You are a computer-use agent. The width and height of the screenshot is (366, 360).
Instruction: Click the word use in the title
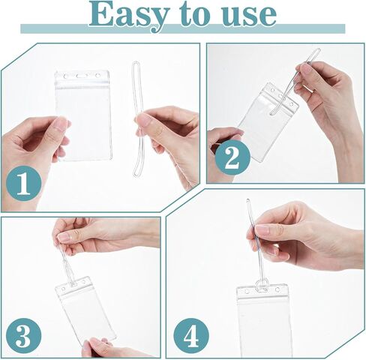(x=249, y=16)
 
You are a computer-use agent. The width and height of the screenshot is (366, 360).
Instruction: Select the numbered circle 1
(x=24, y=183)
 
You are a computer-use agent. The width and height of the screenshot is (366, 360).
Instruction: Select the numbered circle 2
(x=232, y=157)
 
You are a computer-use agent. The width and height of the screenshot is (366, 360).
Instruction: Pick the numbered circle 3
(x=24, y=336)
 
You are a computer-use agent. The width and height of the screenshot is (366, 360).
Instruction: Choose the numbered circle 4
(x=191, y=336)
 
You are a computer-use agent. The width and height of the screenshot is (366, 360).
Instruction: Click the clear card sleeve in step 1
(x=83, y=115)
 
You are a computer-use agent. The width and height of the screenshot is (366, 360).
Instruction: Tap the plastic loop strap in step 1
(x=137, y=120)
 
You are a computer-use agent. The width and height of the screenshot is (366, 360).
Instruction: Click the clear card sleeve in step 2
(x=268, y=122)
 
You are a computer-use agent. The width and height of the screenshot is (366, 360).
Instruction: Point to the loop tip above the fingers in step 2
(x=317, y=51)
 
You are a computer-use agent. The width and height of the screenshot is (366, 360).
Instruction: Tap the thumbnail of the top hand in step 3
(x=64, y=237)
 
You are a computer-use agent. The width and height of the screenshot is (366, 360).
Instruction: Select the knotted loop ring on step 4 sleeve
(x=262, y=286)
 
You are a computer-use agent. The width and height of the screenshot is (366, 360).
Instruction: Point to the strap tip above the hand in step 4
(x=247, y=201)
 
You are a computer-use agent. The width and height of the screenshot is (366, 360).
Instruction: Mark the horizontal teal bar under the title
(x=183, y=28)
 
